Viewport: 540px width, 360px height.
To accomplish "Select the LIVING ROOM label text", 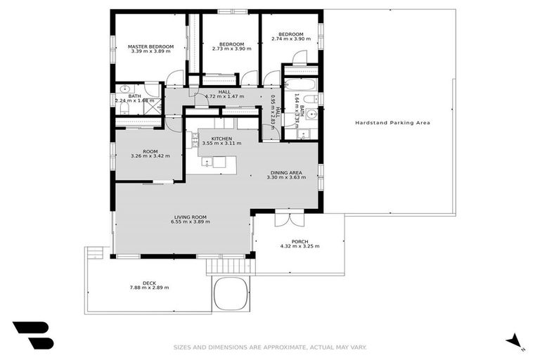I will (190, 217).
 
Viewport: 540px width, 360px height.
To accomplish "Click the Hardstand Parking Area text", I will (392, 122).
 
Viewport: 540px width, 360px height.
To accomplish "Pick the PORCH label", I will (300, 241).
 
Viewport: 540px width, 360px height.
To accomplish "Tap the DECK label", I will (149, 283).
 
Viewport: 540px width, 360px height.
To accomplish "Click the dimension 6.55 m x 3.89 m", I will (190, 222).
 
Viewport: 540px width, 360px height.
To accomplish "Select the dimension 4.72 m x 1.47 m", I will (224, 96).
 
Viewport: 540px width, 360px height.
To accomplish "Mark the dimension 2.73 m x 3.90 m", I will (231, 48).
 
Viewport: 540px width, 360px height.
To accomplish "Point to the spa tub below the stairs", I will (230, 292).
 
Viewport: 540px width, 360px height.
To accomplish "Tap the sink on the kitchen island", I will (208, 162).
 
